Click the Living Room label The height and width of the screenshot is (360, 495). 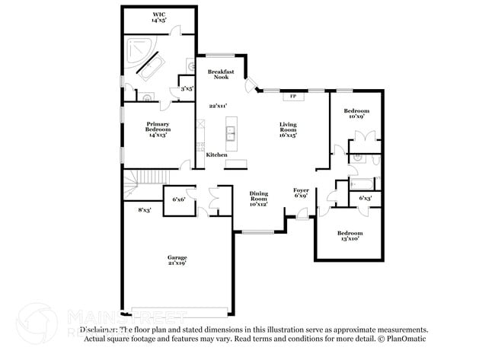[x=287, y=129]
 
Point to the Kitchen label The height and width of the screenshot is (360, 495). [x=217, y=155]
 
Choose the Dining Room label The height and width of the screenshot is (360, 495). [x=259, y=198]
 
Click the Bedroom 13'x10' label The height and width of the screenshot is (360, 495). [x=350, y=235]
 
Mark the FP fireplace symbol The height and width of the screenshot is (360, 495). [x=292, y=97]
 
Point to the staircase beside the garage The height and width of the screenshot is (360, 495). [x=134, y=186]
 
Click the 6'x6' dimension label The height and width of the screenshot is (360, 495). [x=179, y=199]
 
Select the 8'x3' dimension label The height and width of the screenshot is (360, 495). [x=144, y=210]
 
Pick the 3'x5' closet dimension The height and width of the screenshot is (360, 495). [x=186, y=89]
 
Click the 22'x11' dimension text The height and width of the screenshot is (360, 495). [x=219, y=107]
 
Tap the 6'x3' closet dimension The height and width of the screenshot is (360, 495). [x=366, y=198]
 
